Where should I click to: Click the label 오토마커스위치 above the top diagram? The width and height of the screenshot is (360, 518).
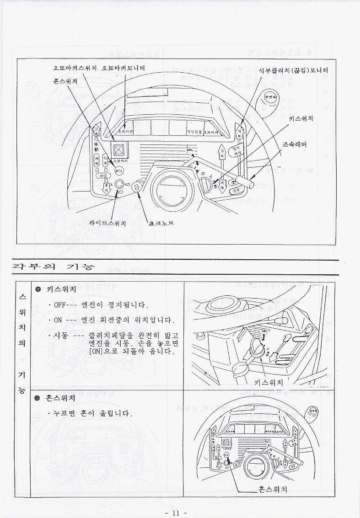(x=75, y=68)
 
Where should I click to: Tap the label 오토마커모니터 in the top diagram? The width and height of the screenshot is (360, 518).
(x=124, y=68)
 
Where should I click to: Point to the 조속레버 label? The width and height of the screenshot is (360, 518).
(x=295, y=145)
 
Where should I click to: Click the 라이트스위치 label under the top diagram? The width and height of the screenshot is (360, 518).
(x=107, y=223)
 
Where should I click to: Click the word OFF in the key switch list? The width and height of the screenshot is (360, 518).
(x=60, y=305)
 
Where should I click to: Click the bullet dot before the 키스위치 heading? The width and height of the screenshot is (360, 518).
(x=38, y=289)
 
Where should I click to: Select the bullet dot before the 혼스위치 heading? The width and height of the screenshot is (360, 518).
(x=38, y=398)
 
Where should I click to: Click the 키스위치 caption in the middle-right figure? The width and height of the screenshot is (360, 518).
(x=269, y=382)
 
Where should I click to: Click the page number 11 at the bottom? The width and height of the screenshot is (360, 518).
(x=175, y=513)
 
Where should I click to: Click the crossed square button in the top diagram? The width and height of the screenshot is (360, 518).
(x=120, y=150)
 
